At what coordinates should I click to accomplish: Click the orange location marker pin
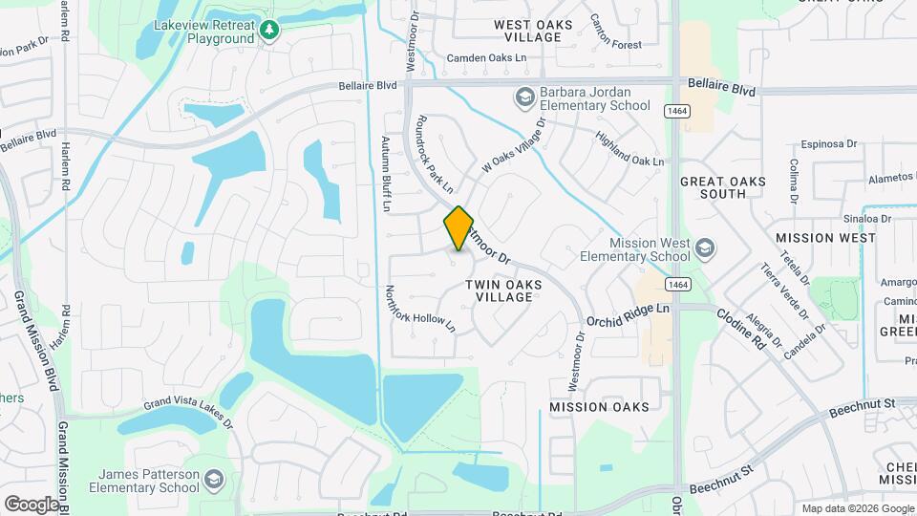[x=458, y=227]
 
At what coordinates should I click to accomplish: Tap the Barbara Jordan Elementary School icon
[x=523, y=97]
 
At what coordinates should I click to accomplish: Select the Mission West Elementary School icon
[x=705, y=248]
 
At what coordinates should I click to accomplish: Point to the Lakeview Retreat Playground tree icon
[x=270, y=32]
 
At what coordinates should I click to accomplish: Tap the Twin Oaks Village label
[x=503, y=290]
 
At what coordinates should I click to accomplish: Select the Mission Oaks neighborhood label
[x=599, y=407]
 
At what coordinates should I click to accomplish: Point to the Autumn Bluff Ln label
[x=387, y=173]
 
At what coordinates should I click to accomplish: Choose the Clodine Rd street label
[x=742, y=328]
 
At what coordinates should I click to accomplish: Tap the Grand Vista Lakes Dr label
[x=188, y=414]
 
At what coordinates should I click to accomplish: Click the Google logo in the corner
[x=31, y=504]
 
